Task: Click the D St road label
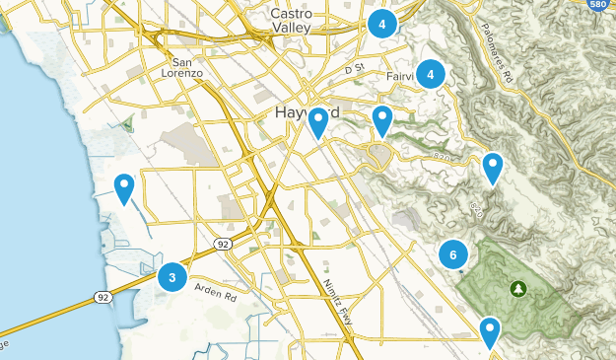(x=355, y=69)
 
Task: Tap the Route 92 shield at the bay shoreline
(x=103, y=296)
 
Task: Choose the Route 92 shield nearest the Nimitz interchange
(x=224, y=244)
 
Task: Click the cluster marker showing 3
(x=172, y=277)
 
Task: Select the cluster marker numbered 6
(x=452, y=255)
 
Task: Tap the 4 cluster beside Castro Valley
(x=381, y=23)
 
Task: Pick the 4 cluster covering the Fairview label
(x=431, y=74)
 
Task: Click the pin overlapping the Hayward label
(x=317, y=122)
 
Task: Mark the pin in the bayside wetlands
(x=124, y=186)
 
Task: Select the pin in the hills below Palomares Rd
(x=492, y=167)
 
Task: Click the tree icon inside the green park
(x=516, y=288)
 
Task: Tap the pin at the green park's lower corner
(x=489, y=331)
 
